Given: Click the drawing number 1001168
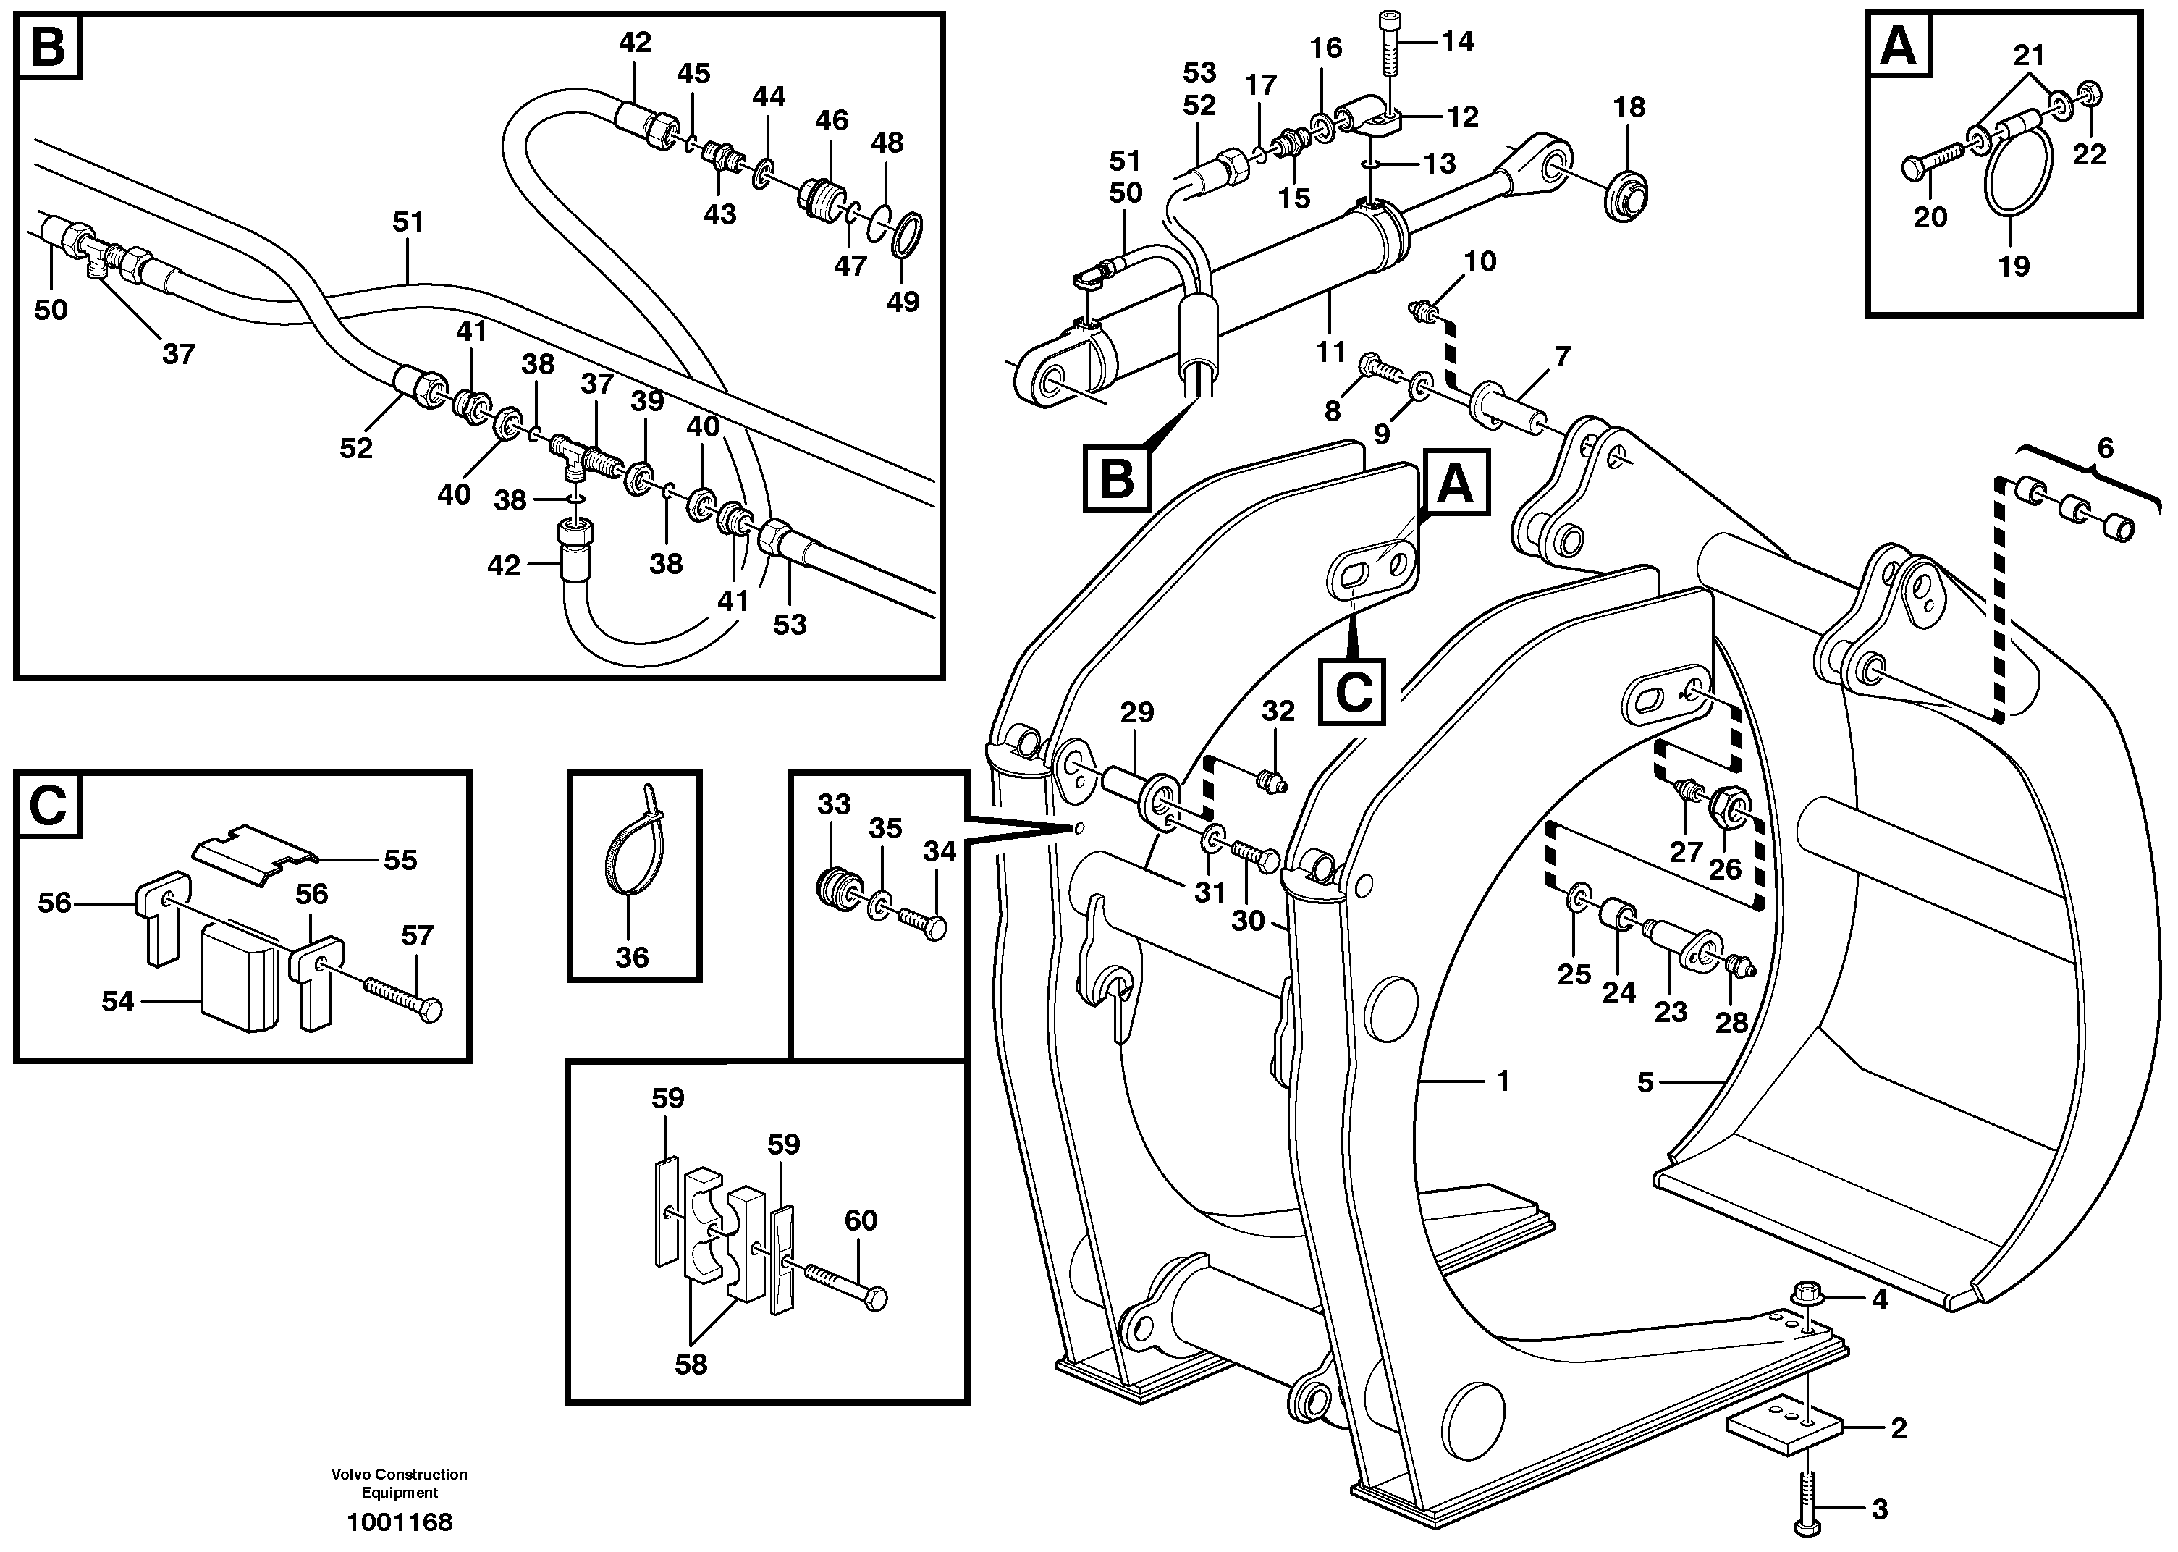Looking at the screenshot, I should [x=400, y=1522].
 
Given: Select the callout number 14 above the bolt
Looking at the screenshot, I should [x=1457, y=42].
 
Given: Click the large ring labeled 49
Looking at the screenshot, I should [x=907, y=236].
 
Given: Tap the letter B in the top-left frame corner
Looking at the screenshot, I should [x=48, y=46].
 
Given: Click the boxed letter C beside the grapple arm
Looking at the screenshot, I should [x=1351, y=692].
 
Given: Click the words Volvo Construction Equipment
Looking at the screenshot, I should [x=400, y=1483].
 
